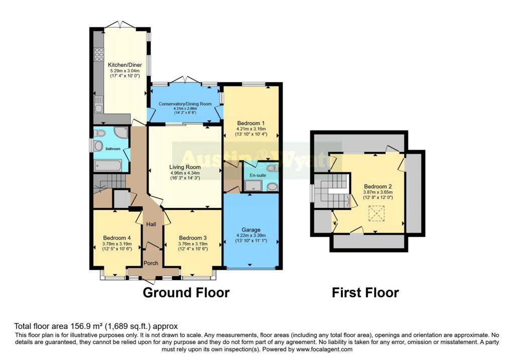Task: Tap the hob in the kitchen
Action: [99, 54]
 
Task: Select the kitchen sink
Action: [98, 104]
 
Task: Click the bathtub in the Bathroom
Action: [108, 165]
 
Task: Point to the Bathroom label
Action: [113, 149]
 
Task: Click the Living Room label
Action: [185, 167]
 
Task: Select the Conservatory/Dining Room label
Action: [185, 104]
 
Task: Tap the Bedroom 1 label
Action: [251, 124]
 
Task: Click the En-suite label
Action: [258, 175]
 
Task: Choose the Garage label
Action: [251, 230]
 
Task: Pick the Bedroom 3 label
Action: [193, 238]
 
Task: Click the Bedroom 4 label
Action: [117, 238]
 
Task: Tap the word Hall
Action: [151, 224]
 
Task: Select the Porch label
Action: [151, 263]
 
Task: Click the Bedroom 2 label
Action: [378, 187]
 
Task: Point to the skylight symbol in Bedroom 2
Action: [376, 213]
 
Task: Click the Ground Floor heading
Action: [186, 292]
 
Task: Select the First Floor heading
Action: [365, 292]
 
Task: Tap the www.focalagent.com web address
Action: [324, 349]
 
